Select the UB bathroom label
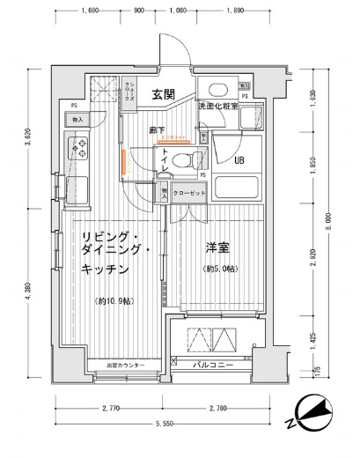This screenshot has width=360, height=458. coord(239,159)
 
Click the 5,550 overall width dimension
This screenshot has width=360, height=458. coord(166,425)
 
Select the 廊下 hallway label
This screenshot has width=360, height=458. coord(157,129)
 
